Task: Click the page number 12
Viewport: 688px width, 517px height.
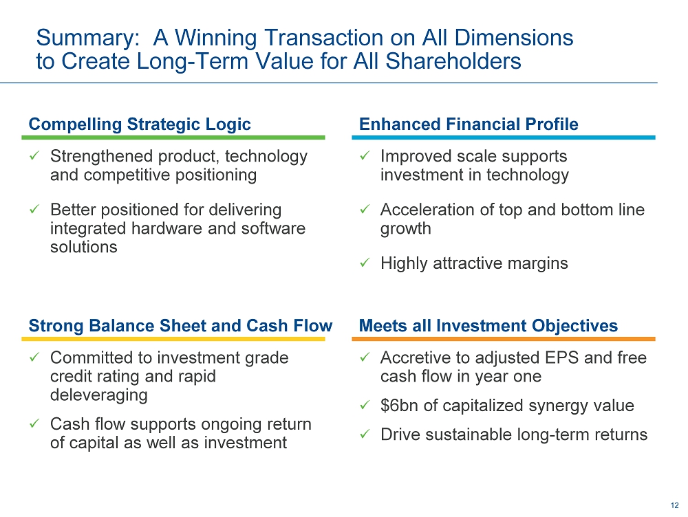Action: point(674,505)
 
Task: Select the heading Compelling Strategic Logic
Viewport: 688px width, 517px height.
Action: point(140,124)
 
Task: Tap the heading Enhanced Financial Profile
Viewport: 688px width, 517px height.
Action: point(469,124)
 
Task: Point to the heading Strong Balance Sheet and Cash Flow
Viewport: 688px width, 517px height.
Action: point(180,326)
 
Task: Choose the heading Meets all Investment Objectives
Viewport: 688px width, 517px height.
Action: point(488,326)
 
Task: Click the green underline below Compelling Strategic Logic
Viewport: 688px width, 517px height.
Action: point(173,137)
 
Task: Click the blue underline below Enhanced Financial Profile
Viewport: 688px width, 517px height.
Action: point(504,137)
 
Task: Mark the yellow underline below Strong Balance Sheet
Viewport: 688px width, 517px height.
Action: point(173,339)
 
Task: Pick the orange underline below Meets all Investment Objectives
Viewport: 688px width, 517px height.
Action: point(504,339)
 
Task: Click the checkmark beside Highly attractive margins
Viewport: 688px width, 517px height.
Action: point(365,263)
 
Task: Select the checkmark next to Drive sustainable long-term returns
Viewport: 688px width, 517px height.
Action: point(365,434)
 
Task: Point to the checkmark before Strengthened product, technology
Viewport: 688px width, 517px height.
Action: point(34,155)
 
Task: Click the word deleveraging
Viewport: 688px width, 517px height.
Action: point(98,395)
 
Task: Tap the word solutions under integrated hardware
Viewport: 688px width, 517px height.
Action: point(84,247)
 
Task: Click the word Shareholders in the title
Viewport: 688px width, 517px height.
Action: point(453,61)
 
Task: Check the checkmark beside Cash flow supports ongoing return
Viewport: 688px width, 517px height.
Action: point(34,424)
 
